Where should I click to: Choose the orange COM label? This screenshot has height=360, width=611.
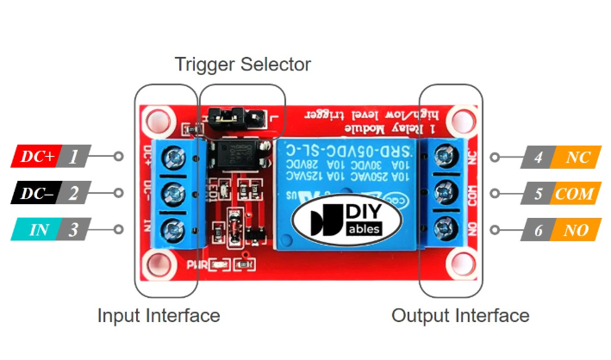[574, 194]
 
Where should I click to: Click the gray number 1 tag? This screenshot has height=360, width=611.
[75, 157]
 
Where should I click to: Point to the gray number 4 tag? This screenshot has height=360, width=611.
[538, 158]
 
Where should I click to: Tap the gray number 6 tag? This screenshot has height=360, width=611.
[538, 230]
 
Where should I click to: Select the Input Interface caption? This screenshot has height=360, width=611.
[159, 316]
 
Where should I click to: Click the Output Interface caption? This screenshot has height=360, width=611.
[460, 316]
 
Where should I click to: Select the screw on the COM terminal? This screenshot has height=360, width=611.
[446, 192]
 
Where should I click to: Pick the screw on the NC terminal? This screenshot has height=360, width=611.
[446, 156]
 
